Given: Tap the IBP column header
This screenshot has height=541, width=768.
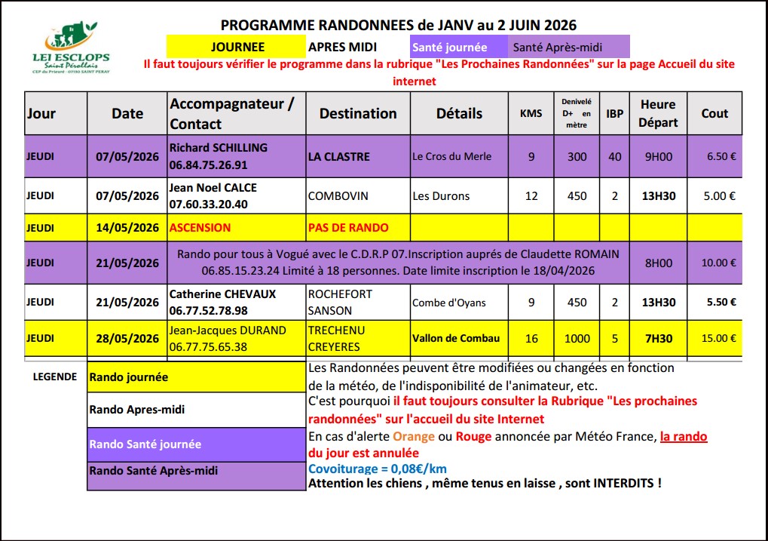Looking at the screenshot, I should coord(615,113).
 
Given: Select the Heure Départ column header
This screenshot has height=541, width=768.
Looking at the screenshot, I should coord(658,113).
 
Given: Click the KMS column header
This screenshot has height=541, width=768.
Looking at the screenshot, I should coord(531,114).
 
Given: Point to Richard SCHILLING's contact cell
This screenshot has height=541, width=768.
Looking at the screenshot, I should coord(236,156).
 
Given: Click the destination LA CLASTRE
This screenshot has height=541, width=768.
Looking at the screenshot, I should coord(339,157).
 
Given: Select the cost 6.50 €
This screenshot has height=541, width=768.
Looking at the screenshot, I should coord(714,157).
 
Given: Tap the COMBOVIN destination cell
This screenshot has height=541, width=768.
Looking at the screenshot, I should coord(338,196).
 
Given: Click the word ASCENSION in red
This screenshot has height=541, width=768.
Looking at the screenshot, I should coord(200,227).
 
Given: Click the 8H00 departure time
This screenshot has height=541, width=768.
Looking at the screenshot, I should coord(658,263).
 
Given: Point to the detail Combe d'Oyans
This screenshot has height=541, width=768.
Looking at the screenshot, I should coord(449,303).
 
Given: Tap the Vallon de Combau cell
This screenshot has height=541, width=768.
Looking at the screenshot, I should coord(456,338).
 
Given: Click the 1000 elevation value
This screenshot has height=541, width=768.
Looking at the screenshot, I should coord(577,339).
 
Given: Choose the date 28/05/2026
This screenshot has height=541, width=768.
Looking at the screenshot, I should coord(127,339).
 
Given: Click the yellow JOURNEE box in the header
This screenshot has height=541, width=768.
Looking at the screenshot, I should coord(237,47).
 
